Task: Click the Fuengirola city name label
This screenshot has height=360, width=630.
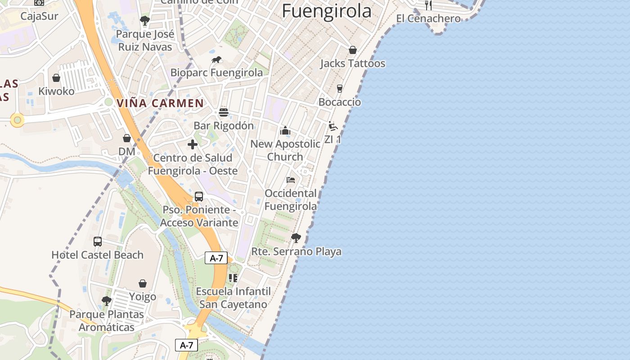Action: [327, 11]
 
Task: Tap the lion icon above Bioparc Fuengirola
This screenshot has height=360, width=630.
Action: [216, 60]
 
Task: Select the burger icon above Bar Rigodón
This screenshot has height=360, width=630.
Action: [224, 112]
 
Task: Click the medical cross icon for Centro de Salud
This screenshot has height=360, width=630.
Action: [193, 144]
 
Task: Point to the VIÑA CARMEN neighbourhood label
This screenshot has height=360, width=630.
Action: [160, 103]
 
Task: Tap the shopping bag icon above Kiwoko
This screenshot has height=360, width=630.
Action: [56, 78]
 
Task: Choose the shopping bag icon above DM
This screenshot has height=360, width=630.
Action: [127, 138]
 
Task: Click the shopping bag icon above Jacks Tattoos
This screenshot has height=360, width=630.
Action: [353, 50]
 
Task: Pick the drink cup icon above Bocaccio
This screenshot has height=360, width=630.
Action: [340, 89]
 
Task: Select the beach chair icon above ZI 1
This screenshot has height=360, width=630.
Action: [333, 126]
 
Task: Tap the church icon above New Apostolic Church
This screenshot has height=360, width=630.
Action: [285, 131]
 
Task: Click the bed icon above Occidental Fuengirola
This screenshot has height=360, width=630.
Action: [291, 180]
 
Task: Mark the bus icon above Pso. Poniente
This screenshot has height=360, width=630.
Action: [199, 197]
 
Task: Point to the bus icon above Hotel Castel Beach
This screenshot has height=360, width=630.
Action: [98, 242]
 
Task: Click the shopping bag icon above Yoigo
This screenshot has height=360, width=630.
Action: [143, 283]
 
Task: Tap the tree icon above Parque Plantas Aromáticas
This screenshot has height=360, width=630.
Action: [107, 301]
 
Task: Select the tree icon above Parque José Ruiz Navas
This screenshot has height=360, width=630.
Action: [145, 21]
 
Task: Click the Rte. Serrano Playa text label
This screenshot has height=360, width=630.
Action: [296, 252]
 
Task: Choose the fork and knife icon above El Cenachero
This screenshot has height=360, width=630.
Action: [428, 5]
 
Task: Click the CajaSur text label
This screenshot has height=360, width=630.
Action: [40, 16]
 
